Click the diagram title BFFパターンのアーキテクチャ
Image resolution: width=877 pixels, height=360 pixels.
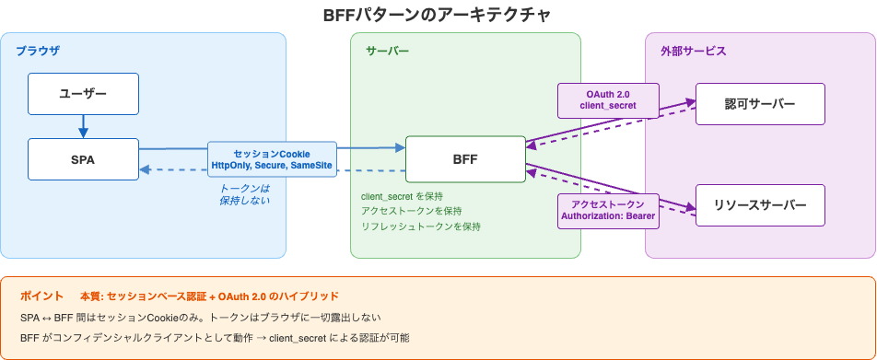[438, 15]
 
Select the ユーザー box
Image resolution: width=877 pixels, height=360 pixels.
[83, 94]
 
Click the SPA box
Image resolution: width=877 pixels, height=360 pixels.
[83, 159]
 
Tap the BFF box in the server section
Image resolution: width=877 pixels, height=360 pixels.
[465, 159]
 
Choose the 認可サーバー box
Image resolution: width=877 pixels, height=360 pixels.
[760, 104]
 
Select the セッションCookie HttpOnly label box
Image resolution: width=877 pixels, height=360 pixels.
[272, 159]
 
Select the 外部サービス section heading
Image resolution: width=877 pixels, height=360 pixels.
[687, 51]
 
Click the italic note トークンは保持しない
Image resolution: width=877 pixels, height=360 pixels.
[244, 193]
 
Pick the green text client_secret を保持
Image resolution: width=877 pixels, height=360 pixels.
[402, 196]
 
